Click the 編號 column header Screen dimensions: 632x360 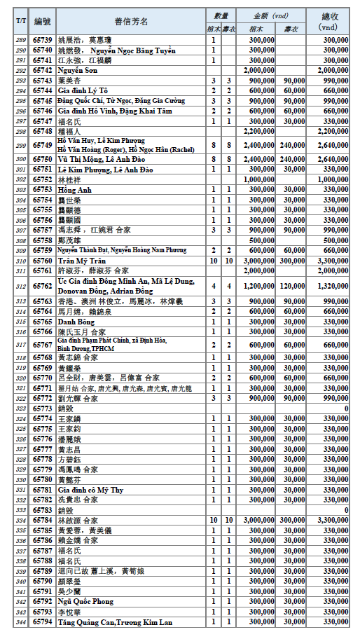[42, 22]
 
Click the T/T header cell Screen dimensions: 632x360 [20, 22]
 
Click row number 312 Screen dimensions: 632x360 [20, 286]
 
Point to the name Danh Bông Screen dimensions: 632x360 [76, 321]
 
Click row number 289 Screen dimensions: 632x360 [20, 41]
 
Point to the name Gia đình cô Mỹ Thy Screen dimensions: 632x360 [90, 489]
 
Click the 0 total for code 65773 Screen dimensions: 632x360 [346, 408]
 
